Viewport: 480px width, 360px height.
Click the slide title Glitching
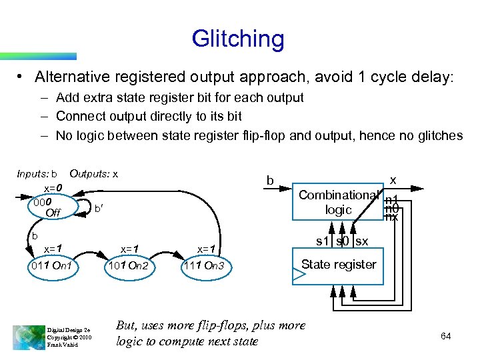click(x=237, y=39)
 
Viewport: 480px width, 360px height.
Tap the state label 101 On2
click(x=127, y=267)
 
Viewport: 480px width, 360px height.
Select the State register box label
click(x=339, y=264)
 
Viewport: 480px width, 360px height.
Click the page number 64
click(x=445, y=336)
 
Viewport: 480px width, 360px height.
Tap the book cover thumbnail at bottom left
click(x=27, y=336)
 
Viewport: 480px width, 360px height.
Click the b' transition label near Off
click(x=97, y=209)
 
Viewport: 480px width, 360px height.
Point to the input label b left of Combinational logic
click(x=269, y=180)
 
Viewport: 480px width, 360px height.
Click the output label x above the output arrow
click(x=393, y=180)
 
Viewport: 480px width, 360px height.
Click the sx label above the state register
click(x=362, y=241)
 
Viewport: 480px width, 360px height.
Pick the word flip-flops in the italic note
click(x=227, y=325)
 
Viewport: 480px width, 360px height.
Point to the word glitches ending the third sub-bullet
click(x=439, y=135)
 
